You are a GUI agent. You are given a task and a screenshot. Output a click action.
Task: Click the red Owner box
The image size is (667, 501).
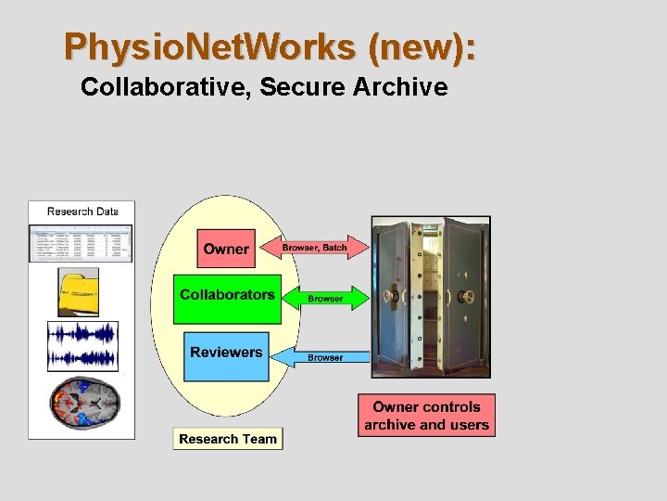[x=226, y=249]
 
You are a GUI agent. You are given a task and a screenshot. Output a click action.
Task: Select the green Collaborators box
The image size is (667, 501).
[x=227, y=298]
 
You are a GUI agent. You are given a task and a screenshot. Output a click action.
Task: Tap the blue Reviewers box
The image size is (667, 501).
[x=226, y=354]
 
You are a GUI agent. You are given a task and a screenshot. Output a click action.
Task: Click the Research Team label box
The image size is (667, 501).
[x=228, y=439]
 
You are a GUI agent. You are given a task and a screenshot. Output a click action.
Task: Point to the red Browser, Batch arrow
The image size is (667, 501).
[x=315, y=248]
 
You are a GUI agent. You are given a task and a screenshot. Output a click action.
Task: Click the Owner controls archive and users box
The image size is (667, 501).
[x=426, y=416]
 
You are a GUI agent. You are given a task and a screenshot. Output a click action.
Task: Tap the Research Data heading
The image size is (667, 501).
[x=82, y=212]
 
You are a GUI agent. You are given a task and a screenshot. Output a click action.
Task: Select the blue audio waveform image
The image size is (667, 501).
[x=82, y=346]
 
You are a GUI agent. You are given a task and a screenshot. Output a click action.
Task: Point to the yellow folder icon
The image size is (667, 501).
[x=79, y=292]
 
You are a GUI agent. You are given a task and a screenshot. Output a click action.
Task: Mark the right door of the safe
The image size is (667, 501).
[x=465, y=297]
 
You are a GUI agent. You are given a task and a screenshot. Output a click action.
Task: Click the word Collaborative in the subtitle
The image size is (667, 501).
[x=164, y=88]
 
